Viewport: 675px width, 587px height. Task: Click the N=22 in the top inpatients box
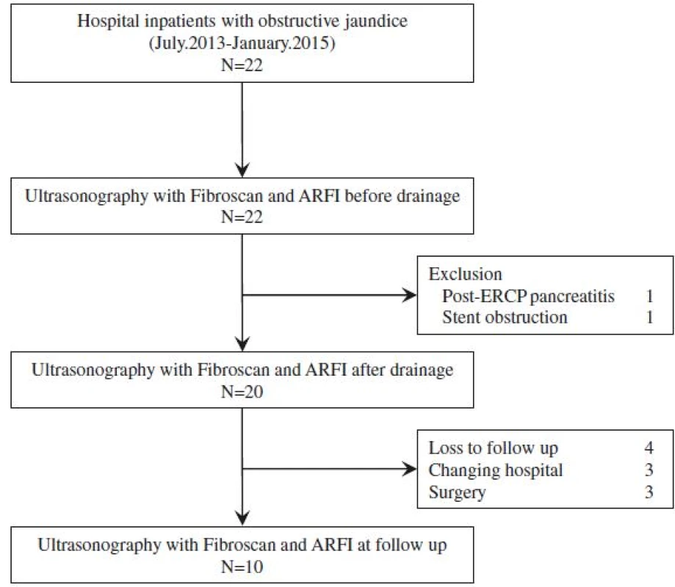pyautogui.click(x=242, y=65)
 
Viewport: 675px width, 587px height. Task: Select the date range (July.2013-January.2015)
pyautogui.click(x=242, y=43)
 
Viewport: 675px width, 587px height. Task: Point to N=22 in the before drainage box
pyautogui.click(x=242, y=216)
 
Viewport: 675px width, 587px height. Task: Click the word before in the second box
pyautogui.click(x=368, y=196)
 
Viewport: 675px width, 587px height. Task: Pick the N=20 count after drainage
pyautogui.click(x=242, y=392)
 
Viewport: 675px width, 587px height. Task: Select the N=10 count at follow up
pyautogui.click(x=242, y=566)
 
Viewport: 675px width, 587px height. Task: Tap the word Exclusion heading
pyautogui.click(x=466, y=274)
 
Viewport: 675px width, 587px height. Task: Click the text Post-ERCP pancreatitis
pyautogui.click(x=528, y=296)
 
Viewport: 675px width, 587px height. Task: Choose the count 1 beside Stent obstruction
pyautogui.click(x=649, y=318)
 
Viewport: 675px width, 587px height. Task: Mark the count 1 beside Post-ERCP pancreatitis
pyautogui.click(x=649, y=296)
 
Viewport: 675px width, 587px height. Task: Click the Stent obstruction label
pyautogui.click(x=505, y=318)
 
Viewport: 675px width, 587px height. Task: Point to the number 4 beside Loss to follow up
pyautogui.click(x=649, y=448)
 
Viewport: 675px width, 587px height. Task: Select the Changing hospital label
pyautogui.click(x=496, y=470)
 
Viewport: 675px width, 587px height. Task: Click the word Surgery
pyautogui.click(x=457, y=492)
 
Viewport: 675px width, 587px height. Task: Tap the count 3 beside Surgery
pyautogui.click(x=649, y=492)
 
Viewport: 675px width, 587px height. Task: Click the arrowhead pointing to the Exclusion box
pyautogui.click(x=409, y=296)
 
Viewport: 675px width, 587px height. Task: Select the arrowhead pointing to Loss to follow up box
pyautogui.click(x=409, y=469)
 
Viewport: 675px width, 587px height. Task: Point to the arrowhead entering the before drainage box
pyautogui.click(x=242, y=170)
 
